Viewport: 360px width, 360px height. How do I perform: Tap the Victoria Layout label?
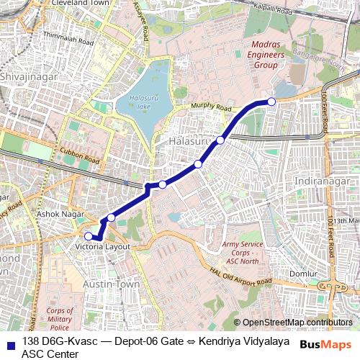click(x=102, y=246)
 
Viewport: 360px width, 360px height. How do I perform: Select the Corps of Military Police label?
click(x=60, y=318)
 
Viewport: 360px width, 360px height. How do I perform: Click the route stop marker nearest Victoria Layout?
click(x=89, y=235)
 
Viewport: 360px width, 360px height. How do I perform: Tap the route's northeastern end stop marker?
click(x=271, y=102)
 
